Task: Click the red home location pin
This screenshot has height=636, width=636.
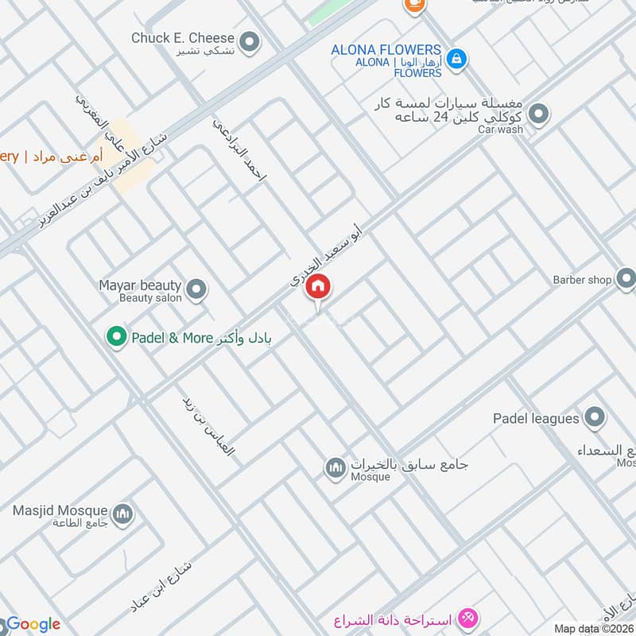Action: pos(318,287)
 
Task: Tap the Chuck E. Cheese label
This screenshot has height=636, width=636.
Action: pos(183,38)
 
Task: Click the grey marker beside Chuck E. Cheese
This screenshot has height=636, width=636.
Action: pos(250,42)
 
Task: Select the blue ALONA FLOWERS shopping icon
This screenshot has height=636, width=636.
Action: pos(456,58)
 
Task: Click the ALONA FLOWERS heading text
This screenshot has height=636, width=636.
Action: pos(386,49)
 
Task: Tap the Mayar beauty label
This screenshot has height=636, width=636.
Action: pos(140,285)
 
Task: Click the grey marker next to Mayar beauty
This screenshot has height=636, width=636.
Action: pos(196,290)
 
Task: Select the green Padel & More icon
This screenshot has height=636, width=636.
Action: pos(117,337)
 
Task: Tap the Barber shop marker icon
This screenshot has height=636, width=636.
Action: pos(626,279)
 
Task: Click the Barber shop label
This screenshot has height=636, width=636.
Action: pos(583,280)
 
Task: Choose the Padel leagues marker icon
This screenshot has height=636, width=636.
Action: pos(594,417)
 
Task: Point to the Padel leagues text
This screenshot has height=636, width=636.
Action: pos(537,418)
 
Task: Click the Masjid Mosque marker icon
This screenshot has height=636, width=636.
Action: pos(122,514)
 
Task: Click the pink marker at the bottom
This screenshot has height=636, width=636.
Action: pos(468,617)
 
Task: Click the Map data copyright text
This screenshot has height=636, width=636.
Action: pos(593,628)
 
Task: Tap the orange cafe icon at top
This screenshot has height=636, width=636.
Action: pos(413,5)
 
